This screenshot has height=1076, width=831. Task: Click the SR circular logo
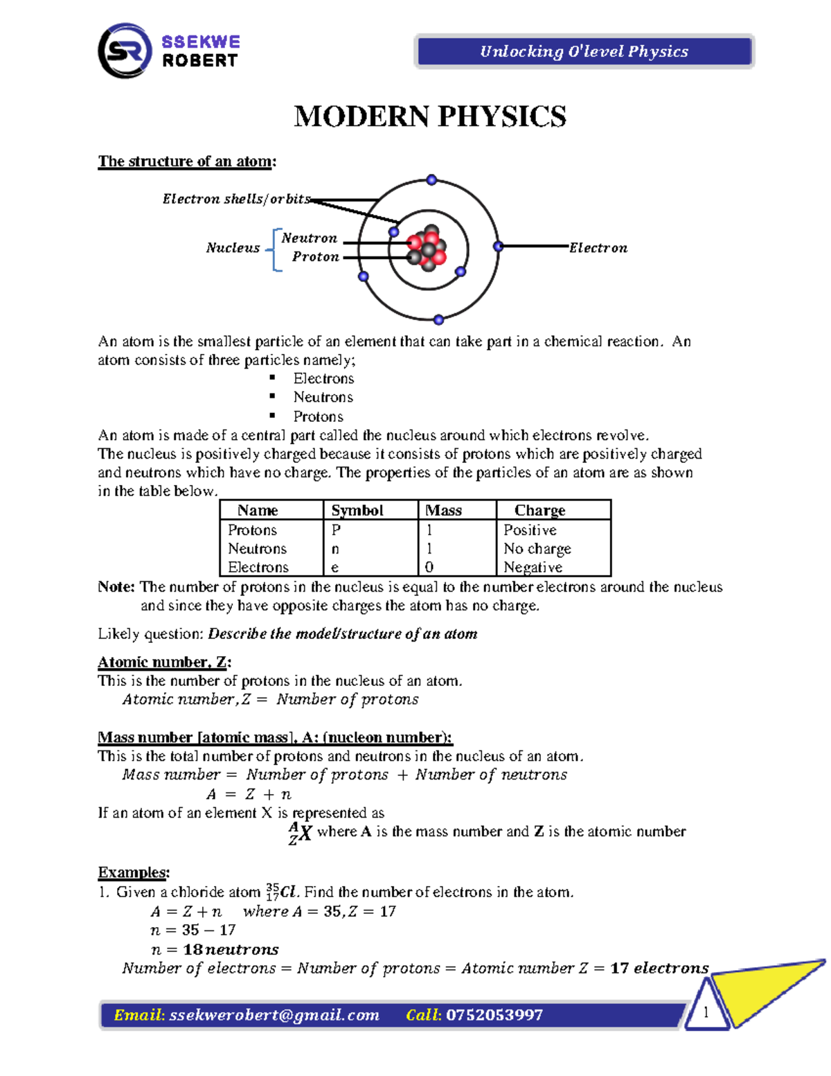(x=125, y=51)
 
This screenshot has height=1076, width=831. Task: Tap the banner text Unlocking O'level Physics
(x=584, y=51)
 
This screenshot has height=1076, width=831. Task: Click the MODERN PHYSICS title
(x=430, y=116)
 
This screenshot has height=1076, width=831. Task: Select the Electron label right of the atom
(x=598, y=248)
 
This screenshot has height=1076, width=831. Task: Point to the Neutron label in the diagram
(x=310, y=238)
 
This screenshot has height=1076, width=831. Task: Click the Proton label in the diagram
(x=316, y=257)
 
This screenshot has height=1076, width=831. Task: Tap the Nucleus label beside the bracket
(x=233, y=248)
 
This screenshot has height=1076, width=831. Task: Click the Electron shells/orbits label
(x=236, y=199)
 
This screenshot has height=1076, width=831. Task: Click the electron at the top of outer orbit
(x=431, y=180)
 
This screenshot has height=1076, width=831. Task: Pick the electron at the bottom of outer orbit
(x=438, y=319)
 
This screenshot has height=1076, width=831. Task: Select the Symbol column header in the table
(x=357, y=511)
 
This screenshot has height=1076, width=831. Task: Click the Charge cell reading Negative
(x=533, y=567)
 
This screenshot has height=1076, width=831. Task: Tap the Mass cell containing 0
(x=429, y=567)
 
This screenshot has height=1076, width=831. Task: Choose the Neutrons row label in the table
(x=257, y=549)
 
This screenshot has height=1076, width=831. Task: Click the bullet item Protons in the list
(x=318, y=416)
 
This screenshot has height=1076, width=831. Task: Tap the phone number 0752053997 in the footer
(x=494, y=1015)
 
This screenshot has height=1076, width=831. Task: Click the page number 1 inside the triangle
(x=706, y=1012)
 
